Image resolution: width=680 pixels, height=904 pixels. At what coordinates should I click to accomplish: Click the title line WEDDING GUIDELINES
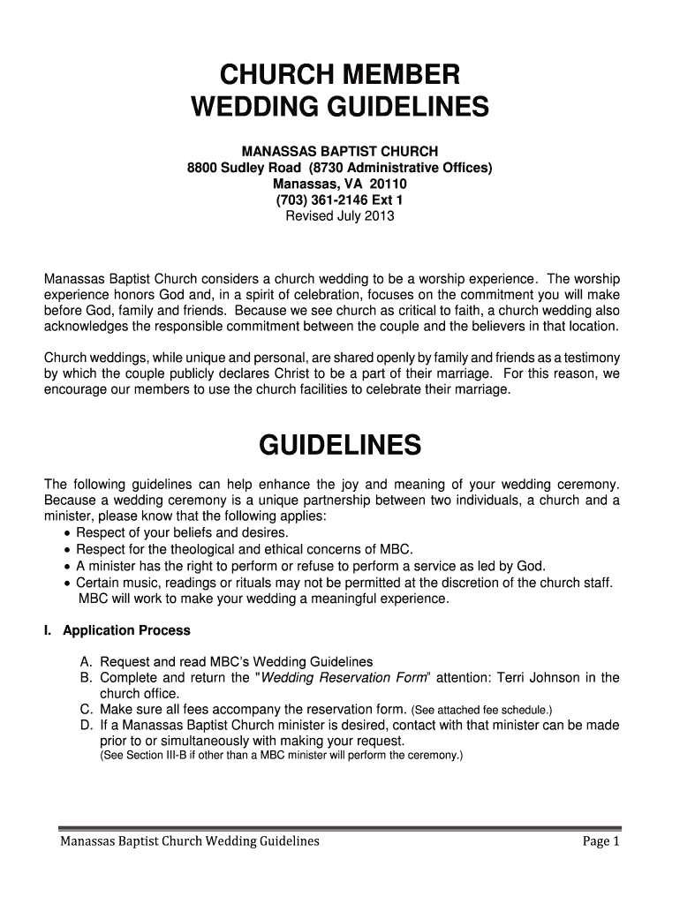[340, 108]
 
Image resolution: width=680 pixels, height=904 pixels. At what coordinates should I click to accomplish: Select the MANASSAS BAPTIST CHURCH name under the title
[340, 151]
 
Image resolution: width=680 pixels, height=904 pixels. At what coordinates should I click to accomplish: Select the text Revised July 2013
[340, 215]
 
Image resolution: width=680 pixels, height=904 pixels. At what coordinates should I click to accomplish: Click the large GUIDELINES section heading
[340, 447]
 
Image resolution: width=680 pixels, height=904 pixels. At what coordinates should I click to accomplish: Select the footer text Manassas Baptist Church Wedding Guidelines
[189, 841]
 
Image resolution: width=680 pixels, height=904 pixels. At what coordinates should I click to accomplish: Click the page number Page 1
[601, 841]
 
